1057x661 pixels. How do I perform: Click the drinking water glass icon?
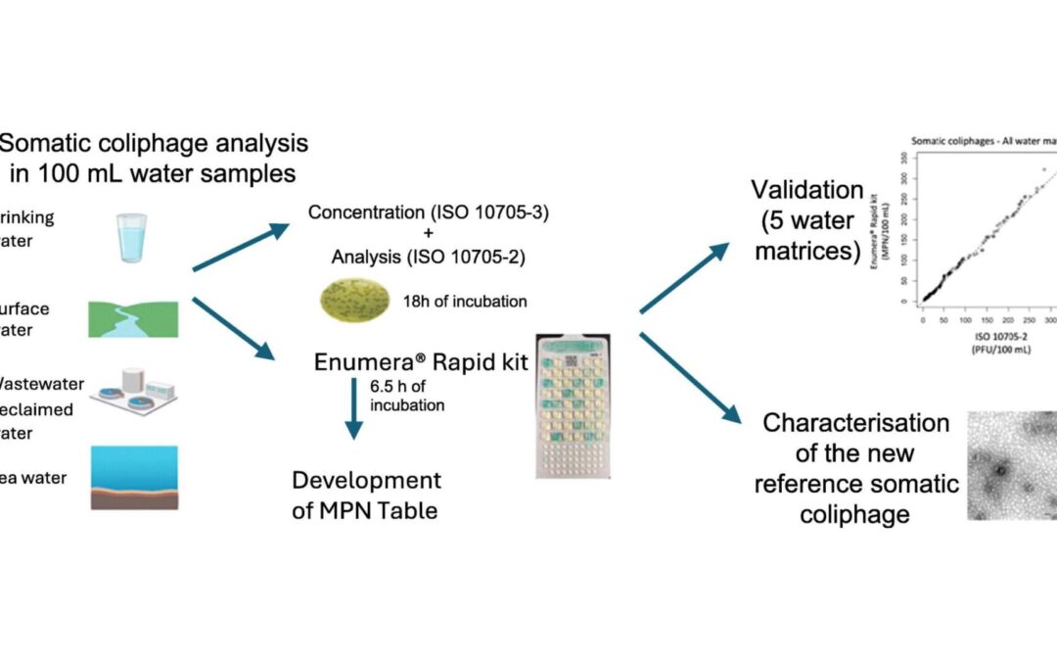tap(130, 237)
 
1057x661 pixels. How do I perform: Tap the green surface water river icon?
tap(132, 319)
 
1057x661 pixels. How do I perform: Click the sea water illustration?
tap(133, 477)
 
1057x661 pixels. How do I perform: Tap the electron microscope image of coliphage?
tap(1011, 465)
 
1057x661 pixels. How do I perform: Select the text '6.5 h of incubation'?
tap(407, 396)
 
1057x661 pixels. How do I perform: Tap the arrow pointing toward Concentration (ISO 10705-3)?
tap(241, 247)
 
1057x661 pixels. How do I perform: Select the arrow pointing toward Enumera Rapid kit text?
tap(234, 328)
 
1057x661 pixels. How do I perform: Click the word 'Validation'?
tap(806, 189)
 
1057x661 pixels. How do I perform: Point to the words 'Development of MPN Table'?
tap(366, 495)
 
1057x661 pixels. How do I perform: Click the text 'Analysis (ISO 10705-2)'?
tap(427, 259)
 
